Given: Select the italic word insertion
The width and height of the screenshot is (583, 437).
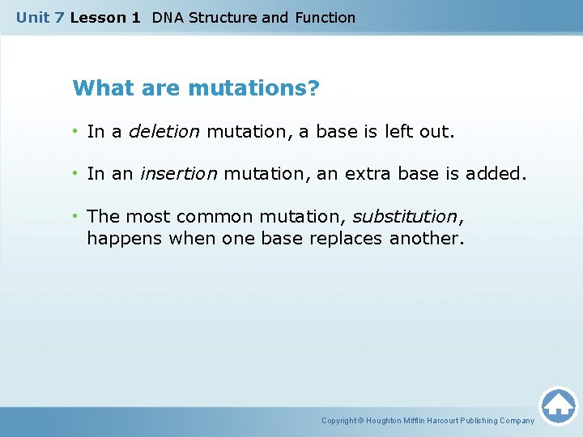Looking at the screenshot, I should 178,174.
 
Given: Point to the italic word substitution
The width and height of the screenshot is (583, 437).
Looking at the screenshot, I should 404,217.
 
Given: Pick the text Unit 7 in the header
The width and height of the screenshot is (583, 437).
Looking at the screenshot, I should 40,17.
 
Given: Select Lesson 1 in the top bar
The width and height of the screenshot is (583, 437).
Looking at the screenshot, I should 105,17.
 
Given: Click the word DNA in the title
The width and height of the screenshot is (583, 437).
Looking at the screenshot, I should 168,17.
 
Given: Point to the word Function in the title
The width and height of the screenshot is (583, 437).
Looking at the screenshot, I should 325,17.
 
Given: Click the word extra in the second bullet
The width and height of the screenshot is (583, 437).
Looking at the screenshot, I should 355,174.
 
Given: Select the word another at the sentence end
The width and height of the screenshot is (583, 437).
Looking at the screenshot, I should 426,239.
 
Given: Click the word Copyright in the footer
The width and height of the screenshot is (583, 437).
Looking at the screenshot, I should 339,421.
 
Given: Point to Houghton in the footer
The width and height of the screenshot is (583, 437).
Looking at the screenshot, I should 385,421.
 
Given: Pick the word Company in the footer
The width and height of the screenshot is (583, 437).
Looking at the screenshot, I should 516,421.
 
